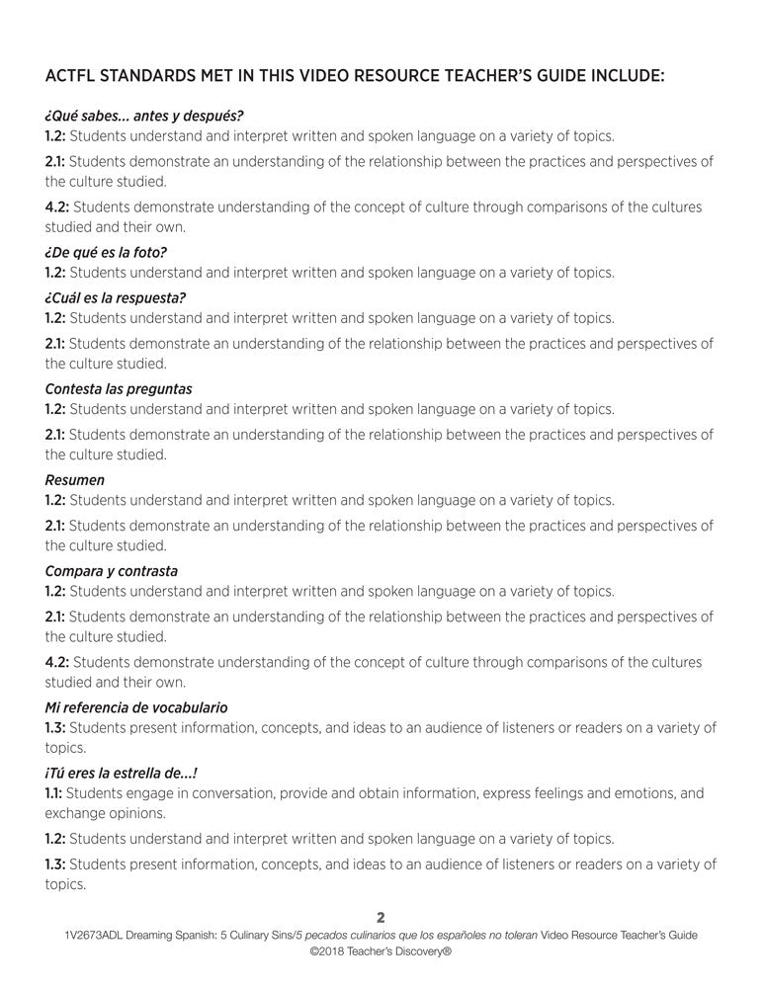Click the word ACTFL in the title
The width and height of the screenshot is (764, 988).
tap(72, 75)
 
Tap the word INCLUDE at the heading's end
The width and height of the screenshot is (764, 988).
tap(619, 75)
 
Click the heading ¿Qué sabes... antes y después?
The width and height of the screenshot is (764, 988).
tap(144, 116)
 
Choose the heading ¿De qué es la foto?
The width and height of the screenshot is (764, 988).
tap(106, 252)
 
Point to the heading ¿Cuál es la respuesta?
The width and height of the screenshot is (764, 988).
tap(116, 297)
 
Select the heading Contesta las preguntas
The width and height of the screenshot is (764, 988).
tap(119, 389)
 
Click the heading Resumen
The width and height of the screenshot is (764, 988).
tap(75, 480)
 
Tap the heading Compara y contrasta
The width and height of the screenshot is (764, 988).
tap(112, 571)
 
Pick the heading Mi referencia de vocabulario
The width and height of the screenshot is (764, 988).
tap(136, 707)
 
